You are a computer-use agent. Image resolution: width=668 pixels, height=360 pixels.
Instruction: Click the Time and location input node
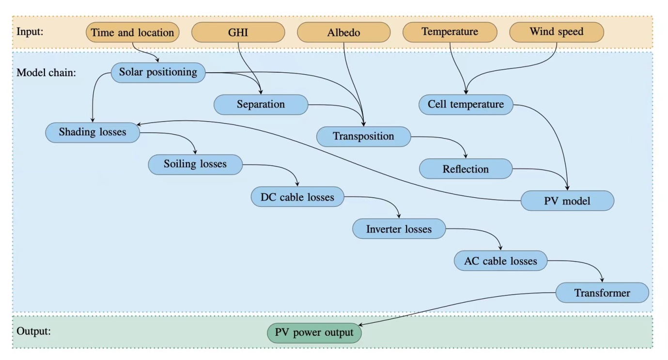(x=132, y=33)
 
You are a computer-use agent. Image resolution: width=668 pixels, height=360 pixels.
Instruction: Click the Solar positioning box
(x=158, y=73)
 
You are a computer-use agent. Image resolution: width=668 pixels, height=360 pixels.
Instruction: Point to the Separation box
(x=261, y=105)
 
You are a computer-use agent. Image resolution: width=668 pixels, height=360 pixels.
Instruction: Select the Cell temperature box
(x=466, y=105)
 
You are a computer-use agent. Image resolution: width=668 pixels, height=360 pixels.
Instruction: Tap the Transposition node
(x=363, y=137)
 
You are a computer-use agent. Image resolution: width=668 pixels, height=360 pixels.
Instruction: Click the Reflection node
(x=466, y=169)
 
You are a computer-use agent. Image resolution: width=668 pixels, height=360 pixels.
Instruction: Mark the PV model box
(x=567, y=201)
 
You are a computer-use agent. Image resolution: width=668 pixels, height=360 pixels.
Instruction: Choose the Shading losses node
(x=93, y=132)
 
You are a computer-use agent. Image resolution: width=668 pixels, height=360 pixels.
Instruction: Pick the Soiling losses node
(x=195, y=164)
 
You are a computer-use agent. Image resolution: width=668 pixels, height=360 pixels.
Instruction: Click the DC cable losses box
(x=297, y=197)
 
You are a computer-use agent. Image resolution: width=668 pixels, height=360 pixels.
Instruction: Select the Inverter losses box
(x=399, y=229)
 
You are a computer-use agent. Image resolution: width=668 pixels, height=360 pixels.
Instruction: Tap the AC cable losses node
(x=501, y=261)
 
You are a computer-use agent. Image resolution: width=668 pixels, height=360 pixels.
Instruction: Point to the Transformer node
(x=602, y=293)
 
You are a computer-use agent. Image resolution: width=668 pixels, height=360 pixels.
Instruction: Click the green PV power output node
(x=314, y=333)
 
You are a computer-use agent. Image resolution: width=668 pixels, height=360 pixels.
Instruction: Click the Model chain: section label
(x=46, y=73)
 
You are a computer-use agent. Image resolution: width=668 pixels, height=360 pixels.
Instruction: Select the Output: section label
(x=34, y=332)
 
